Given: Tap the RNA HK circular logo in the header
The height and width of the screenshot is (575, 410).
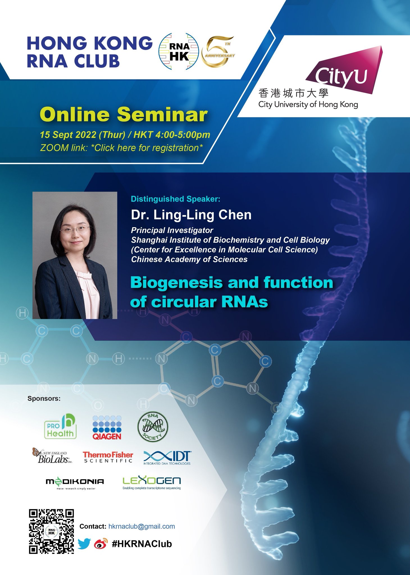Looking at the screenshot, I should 179,51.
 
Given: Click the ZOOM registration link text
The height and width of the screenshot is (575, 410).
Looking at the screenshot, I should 121,148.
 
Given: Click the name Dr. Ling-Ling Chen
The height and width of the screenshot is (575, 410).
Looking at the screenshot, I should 191,215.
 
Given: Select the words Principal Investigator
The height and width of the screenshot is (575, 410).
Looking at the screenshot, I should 172,231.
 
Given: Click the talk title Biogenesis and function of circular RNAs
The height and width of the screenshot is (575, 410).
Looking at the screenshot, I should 231,292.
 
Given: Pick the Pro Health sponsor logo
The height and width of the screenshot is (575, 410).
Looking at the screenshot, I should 60,427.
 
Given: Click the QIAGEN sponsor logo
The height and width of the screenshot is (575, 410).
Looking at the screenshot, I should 107,428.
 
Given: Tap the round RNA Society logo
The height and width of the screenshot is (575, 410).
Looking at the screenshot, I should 152,427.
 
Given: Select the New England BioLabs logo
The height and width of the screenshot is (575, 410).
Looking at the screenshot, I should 52,456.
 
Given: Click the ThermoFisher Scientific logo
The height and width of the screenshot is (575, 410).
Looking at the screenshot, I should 108,457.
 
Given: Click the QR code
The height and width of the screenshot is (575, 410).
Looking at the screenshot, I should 51,531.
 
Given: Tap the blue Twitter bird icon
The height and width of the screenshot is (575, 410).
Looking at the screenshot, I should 84,544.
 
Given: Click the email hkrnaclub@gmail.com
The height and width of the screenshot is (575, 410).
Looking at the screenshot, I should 142,526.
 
